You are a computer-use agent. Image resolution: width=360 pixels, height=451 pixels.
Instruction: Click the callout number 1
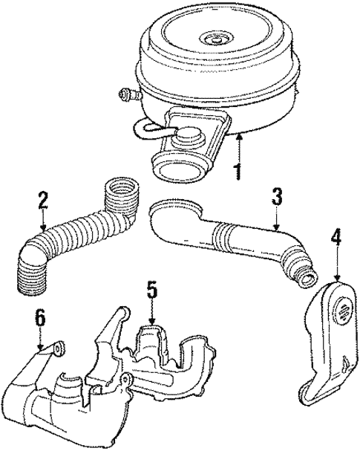click(238, 172)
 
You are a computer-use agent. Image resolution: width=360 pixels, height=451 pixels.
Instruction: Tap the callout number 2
click(44, 201)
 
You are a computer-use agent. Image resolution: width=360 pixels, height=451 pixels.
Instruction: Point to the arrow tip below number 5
click(152, 324)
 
